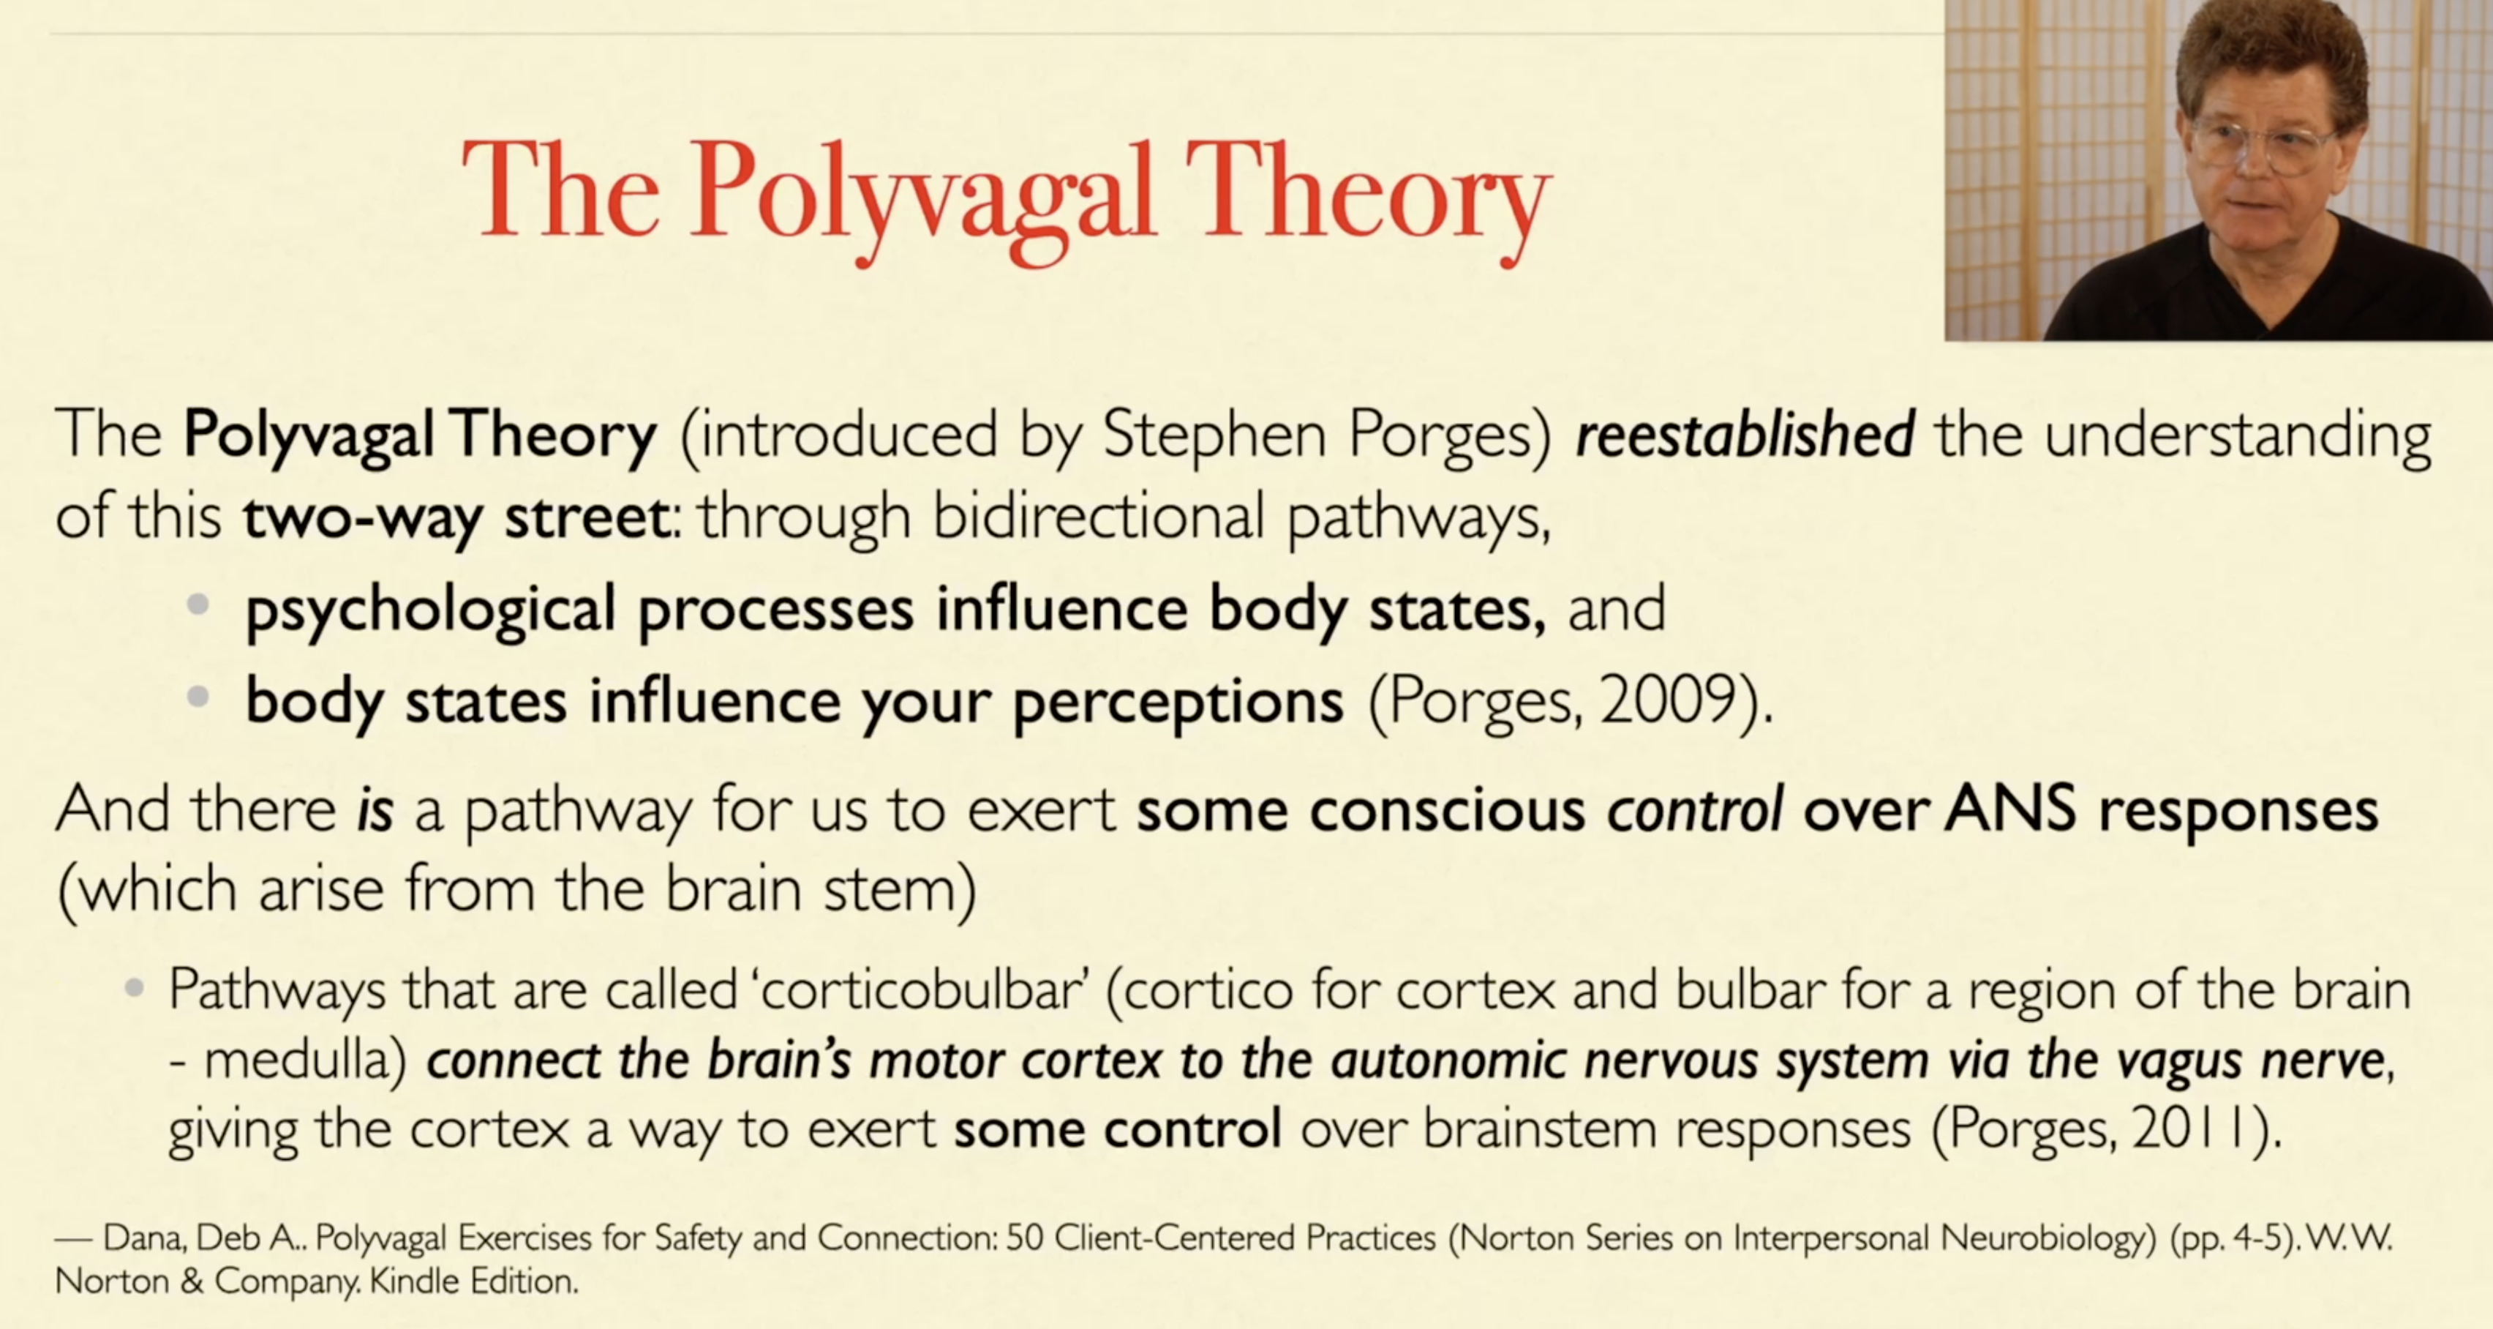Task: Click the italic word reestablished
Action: coord(1745,434)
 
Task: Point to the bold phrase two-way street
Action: coord(456,518)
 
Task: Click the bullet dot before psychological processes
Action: coord(198,606)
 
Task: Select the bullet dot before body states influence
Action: coord(198,696)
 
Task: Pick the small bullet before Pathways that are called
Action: coord(135,988)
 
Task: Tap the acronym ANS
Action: coord(2010,808)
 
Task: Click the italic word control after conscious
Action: coord(1695,808)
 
